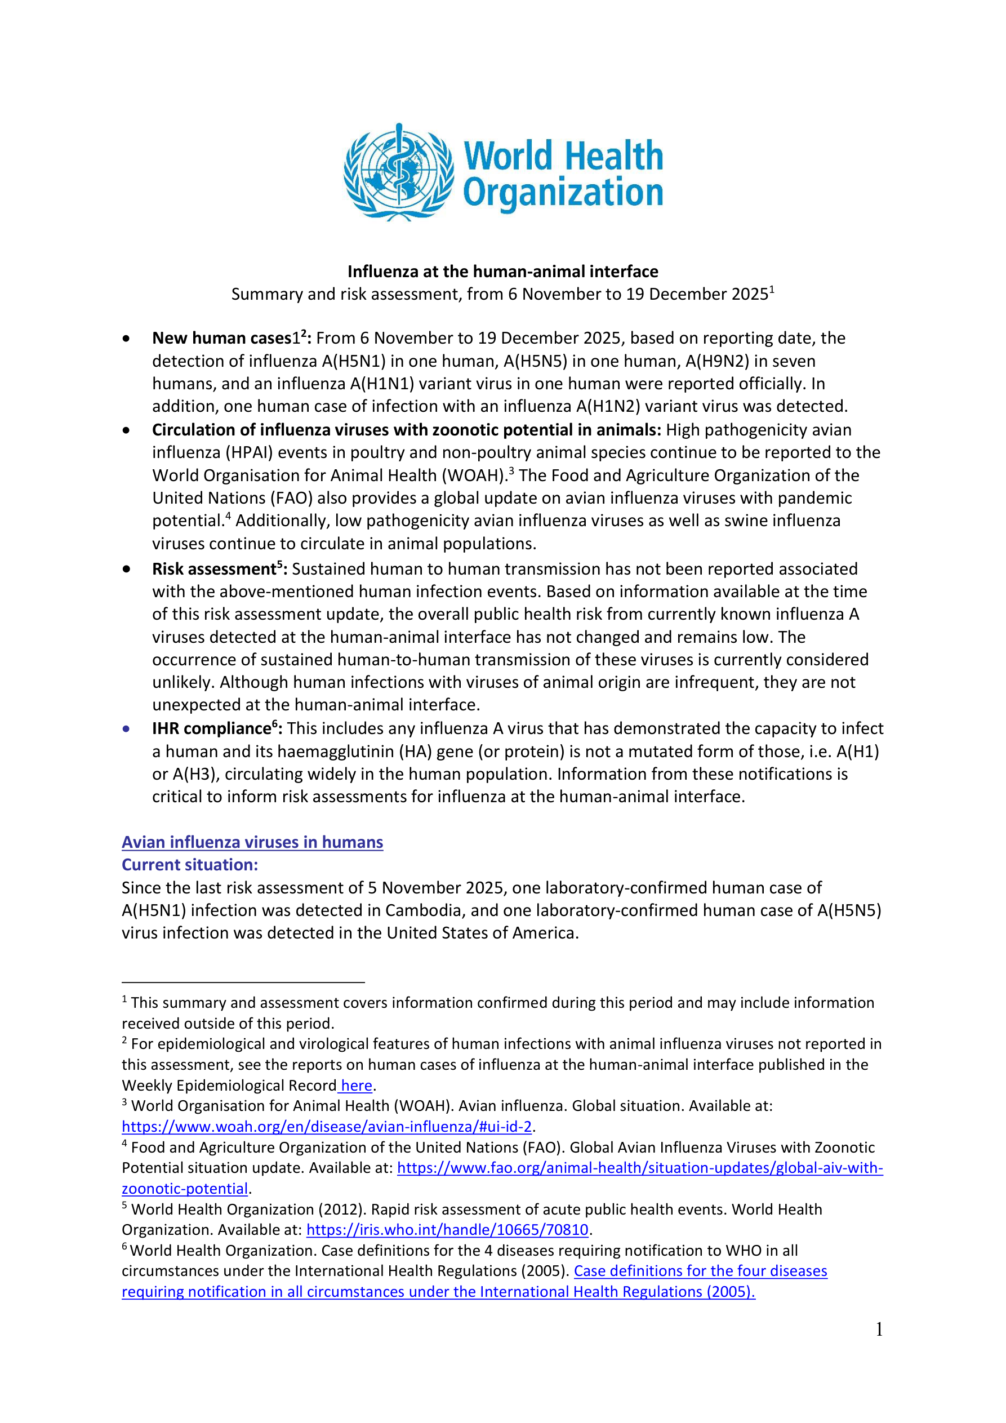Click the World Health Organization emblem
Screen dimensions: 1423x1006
pyautogui.click(x=399, y=172)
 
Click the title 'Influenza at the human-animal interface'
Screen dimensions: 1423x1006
pyautogui.click(x=502, y=272)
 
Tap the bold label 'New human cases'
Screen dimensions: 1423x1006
pyautogui.click(x=221, y=339)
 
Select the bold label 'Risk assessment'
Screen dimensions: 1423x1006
pyautogui.click(x=214, y=569)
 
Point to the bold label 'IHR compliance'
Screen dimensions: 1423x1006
pyautogui.click(x=211, y=728)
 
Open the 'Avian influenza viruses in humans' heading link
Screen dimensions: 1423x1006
pyautogui.click(x=252, y=842)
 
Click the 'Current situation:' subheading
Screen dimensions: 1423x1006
pyautogui.click(x=190, y=865)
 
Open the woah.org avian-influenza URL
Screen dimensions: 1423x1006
pyautogui.click(x=327, y=1126)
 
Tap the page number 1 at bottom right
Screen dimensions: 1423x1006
pyautogui.click(x=879, y=1329)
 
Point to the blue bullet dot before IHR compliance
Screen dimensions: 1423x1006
pyautogui.click(x=126, y=729)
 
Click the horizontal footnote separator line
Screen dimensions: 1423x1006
pyautogui.click(x=243, y=982)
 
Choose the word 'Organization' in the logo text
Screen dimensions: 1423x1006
pyautogui.click(x=563, y=192)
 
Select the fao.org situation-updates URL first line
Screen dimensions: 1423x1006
pyautogui.click(x=640, y=1168)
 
